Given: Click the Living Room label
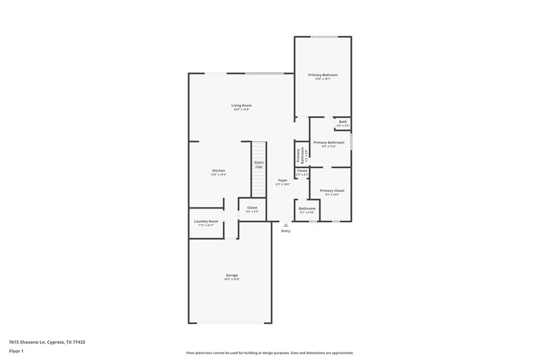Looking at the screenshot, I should pos(242,105).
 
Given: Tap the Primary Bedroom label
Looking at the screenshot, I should pos(323,74).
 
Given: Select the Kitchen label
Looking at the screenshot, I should pos(219,171).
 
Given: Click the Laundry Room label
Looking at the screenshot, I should pos(206,222).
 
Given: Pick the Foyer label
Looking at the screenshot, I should pos(283,180).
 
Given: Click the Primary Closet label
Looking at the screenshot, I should pos(332,190).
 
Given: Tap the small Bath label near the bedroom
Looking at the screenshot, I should pos(343,122).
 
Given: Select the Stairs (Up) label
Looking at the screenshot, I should pos(259,164).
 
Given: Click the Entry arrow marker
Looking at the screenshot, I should pos(286,226).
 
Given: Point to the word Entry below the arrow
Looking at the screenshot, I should pos(286,232).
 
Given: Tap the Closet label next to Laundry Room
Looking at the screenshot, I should pos(252,207).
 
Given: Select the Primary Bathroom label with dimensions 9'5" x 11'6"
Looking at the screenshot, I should pos(329,143).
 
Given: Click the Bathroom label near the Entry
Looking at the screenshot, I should pos(307,209).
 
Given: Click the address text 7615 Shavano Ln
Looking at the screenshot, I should pos(47,342).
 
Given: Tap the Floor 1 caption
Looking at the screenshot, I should pos(16,351).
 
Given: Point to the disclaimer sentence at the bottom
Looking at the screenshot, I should pos(269,353).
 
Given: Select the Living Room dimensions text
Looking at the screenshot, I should pos(242,109).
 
